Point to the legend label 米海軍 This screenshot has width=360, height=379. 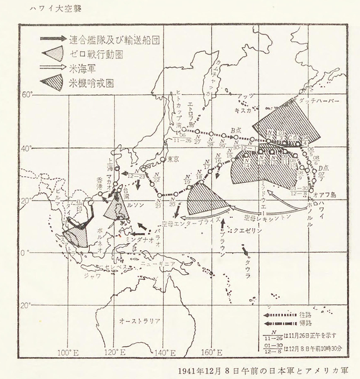[x=83, y=69]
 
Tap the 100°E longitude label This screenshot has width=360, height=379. [x=66, y=352]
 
